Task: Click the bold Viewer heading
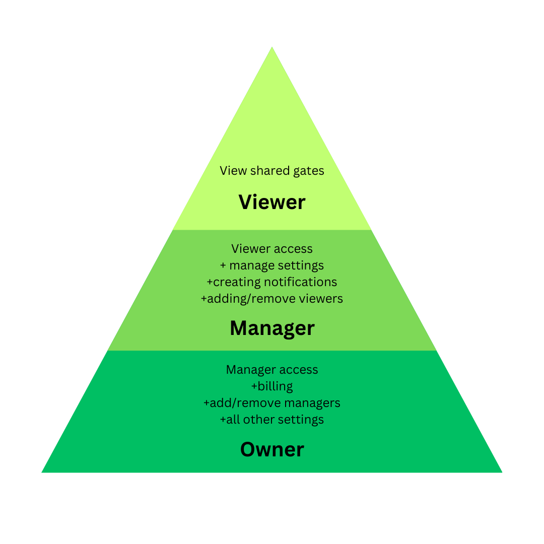(x=272, y=202)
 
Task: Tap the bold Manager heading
(x=272, y=328)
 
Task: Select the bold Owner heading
(x=272, y=449)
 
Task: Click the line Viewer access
(x=272, y=248)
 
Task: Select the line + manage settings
(x=272, y=265)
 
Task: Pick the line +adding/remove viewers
(x=272, y=298)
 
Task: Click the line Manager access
(x=272, y=369)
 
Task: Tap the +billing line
(x=272, y=386)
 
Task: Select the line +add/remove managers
(x=272, y=402)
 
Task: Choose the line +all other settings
(x=272, y=419)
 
